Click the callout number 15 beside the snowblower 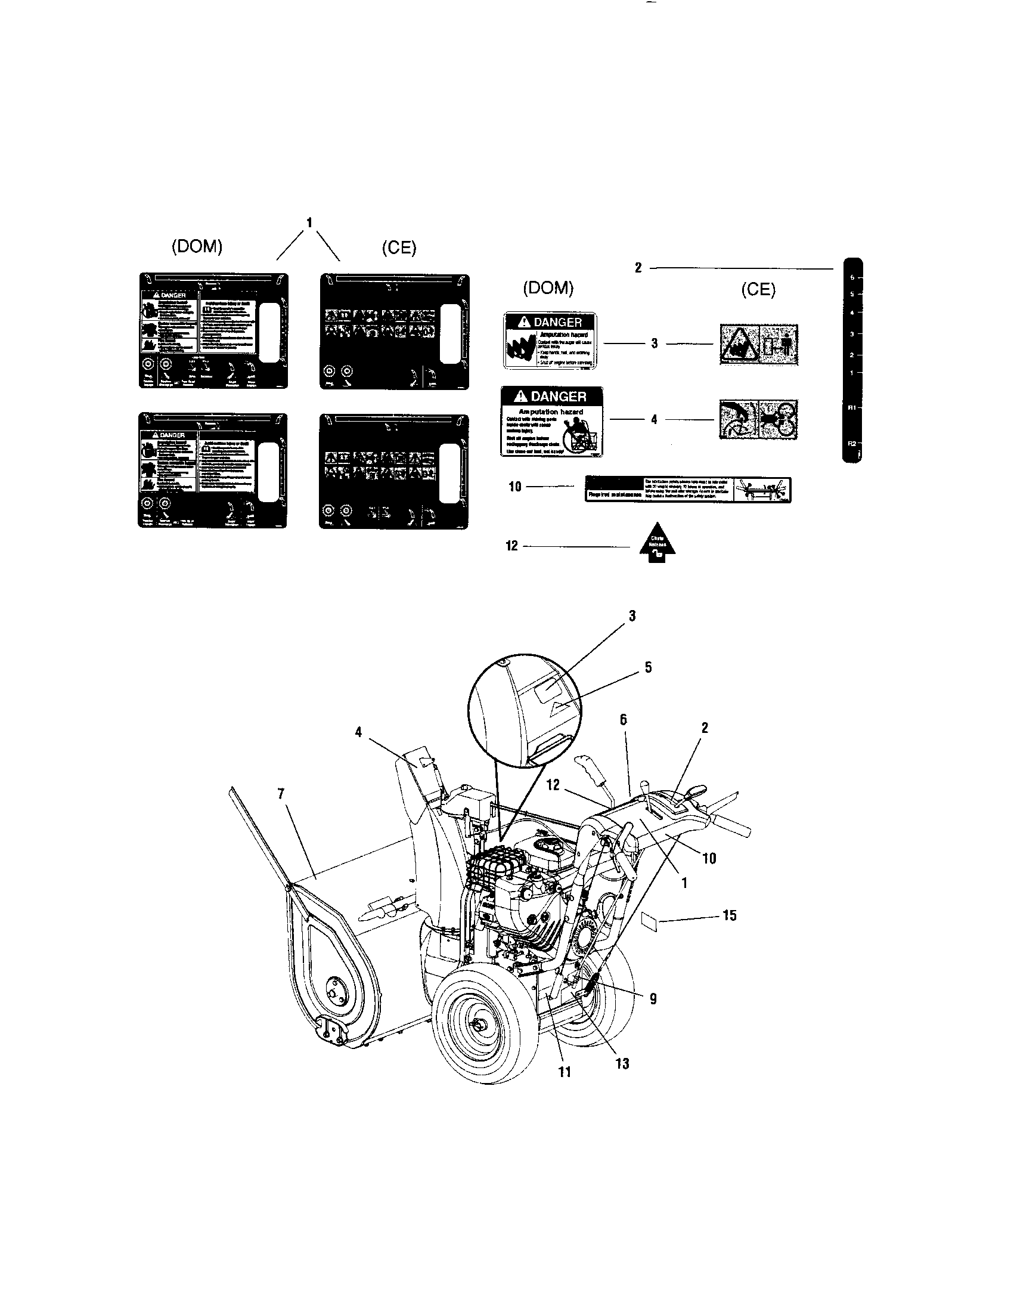coord(729,915)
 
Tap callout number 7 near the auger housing coord(280,794)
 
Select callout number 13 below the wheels coord(622,1063)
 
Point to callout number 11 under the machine coord(565,1072)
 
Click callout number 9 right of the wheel coord(653,998)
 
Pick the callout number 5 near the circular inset coord(648,667)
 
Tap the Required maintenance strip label coord(688,490)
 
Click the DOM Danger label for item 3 coord(550,340)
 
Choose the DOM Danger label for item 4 coord(552,422)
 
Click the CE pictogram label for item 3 coord(759,344)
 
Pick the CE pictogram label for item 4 coord(759,419)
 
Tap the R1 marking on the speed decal coord(851,407)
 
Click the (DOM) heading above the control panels coord(197,247)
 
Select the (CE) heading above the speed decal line coord(758,290)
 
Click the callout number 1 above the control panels coord(309,224)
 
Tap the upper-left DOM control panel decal coord(214,330)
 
